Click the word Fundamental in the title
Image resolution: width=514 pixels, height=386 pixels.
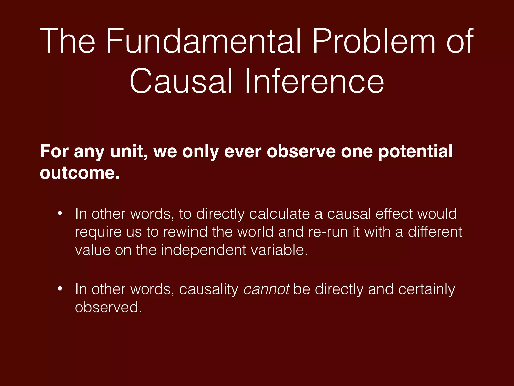pos(203,41)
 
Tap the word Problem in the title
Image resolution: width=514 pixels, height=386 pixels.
pos(374,41)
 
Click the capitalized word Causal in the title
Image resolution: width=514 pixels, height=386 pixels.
pos(181,82)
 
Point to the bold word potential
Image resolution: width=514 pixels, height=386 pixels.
pos(415,152)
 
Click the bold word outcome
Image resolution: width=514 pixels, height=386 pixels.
pos(80,173)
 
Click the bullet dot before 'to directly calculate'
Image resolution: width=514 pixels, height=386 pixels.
pos(60,214)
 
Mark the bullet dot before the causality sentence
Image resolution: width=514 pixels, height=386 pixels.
pos(60,289)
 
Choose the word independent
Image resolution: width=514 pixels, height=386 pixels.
pos(204,250)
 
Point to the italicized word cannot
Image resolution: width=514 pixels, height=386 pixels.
pos(267,289)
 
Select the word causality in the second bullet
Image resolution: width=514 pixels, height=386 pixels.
pos(209,289)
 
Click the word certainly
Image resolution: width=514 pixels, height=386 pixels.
pos(426,289)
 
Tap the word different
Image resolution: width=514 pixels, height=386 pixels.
pos(435,232)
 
